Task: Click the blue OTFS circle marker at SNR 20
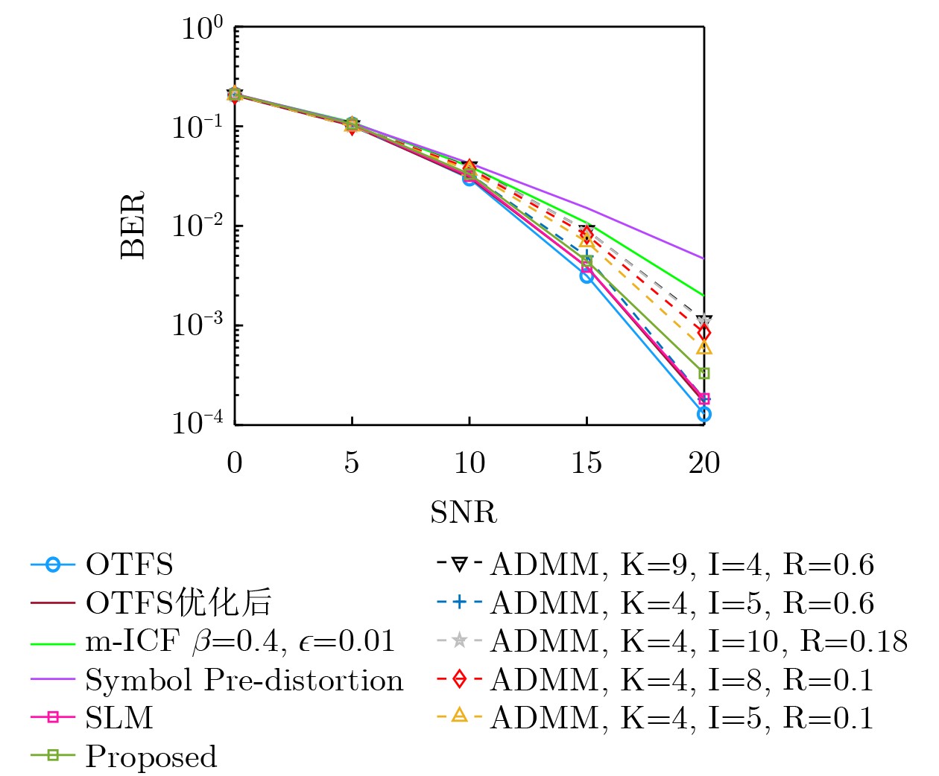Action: coord(704,414)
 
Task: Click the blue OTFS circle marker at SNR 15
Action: coord(587,276)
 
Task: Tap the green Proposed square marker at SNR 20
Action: coord(704,373)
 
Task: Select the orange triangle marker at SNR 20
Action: coord(704,348)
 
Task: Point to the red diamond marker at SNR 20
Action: coord(704,332)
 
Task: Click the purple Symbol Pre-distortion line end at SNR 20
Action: coord(703,258)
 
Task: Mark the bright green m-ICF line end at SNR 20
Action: coord(703,295)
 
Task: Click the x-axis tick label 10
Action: coord(469,463)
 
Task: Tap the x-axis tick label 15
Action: coord(587,463)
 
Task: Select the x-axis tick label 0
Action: coord(235,463)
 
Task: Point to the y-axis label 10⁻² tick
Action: coord(197,225)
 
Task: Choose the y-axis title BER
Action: coord(133,225)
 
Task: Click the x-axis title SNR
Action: coord(464,512)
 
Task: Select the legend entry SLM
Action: coord(119,718)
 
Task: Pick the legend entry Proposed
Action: coord(151,757)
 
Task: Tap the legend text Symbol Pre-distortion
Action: coord(244,680)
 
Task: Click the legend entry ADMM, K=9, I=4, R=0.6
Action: coord(682,565)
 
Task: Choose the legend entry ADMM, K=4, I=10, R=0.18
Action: coord(699,641)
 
